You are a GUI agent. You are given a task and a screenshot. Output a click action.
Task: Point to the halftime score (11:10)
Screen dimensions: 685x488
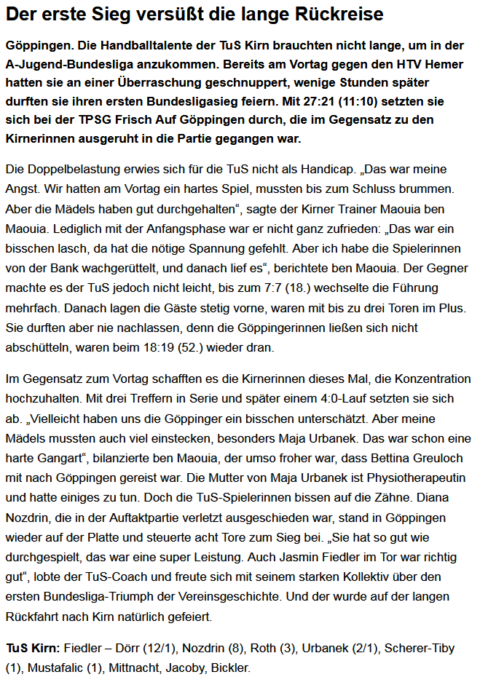pyautogui.click(x=369, y=101)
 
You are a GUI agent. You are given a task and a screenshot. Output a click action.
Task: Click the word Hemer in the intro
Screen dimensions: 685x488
pyautogui.click(x=445, y=64)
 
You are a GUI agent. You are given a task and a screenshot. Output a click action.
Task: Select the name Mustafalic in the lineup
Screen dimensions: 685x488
pyautogui.click(x=52, y=666)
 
